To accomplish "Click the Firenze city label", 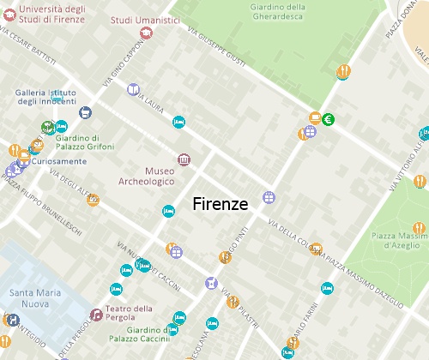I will click(221, 204).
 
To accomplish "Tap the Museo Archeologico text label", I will click(147, 176).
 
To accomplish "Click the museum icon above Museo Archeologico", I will click(184, 160).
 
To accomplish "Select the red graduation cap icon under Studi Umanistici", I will click(146, 33).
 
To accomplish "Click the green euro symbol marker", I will click(328, 119).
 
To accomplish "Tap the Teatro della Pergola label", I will click(130, 314).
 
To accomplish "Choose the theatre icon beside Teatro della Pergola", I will click(96, 315).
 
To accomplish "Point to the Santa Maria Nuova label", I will click(35, 297).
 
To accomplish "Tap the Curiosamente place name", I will click(61, 161).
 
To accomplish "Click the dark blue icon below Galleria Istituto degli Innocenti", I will click(85, 112).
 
